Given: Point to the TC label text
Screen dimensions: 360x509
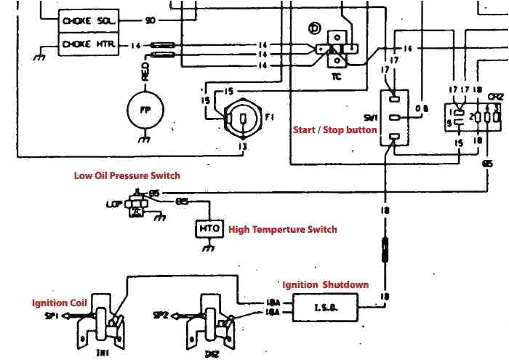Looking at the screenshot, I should (337, 74).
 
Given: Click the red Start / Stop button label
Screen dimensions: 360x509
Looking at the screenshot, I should (334, 130).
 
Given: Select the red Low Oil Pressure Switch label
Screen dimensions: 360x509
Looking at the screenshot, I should (127, 175).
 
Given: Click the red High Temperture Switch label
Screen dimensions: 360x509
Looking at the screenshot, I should (283, 229).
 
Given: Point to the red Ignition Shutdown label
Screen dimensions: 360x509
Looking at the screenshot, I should (325, 284).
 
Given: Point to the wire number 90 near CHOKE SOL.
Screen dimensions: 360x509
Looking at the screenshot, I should (150, 20).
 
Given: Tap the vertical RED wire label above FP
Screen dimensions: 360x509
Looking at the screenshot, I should (145, 73).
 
